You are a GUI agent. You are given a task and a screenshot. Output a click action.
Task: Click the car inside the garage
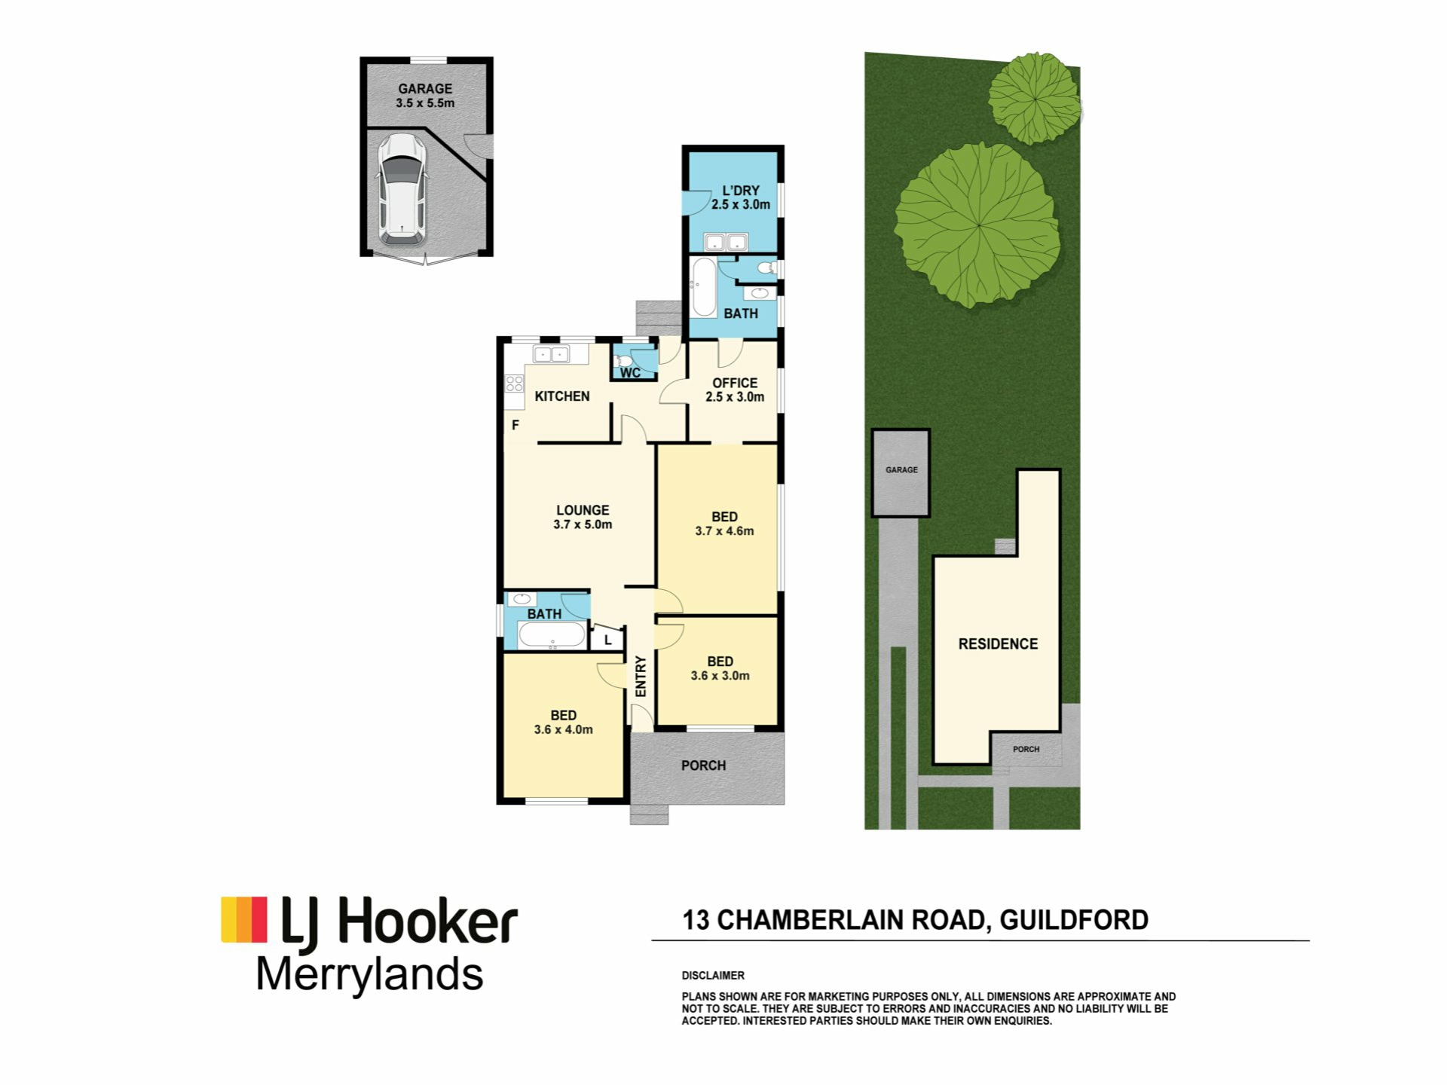(402, 190)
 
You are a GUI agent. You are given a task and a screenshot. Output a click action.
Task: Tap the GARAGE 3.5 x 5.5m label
(425, 96)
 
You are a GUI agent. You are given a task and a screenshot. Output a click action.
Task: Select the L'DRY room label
(741, 197)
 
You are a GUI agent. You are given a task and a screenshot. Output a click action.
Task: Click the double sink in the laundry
(725, 242)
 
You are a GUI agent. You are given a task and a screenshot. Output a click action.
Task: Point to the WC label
(630, 373)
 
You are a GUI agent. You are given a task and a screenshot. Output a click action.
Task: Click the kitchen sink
(551, 353)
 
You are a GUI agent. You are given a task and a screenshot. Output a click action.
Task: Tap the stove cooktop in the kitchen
(515, 384)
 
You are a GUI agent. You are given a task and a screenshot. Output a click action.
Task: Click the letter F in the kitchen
(515, 425)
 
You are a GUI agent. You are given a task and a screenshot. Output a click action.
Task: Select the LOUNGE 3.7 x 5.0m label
(583, 517)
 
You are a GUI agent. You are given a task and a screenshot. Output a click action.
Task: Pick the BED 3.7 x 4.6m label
(724, 524)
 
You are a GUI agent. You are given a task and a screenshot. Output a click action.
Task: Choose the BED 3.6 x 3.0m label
(720, 668)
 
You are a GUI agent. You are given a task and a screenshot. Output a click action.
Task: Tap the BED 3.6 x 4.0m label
(563, 722)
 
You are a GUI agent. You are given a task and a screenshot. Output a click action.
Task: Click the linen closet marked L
(607, 640)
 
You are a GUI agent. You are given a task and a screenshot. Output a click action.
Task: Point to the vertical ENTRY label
(641, 676)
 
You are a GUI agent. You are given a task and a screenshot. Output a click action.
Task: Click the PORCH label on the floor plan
(703, 766)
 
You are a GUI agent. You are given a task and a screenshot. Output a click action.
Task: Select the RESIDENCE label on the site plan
(998, 643)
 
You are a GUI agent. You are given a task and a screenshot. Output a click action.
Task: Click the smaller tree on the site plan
(1034, 98)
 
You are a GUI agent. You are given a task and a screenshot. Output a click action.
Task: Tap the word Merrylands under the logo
(369, 975)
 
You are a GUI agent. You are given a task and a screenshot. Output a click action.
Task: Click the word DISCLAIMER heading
(713, 975)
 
